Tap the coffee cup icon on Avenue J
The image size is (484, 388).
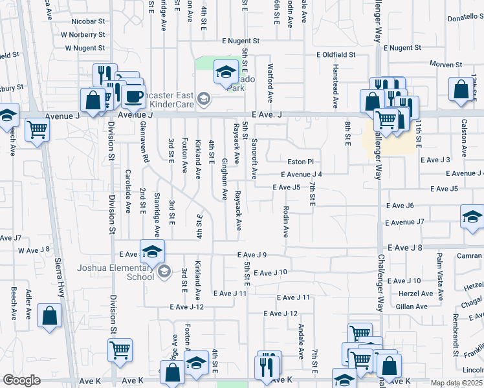click(134, 97)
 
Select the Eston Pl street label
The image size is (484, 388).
click(301, 162)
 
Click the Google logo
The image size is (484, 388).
click(21, 380)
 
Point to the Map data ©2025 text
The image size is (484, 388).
click(457, 383)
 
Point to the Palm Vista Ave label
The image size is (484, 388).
click(440, 278)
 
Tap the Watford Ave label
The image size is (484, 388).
click(270, 81)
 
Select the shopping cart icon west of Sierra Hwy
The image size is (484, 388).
click(37, 129)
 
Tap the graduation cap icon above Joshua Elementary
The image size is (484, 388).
click(152, 252)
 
